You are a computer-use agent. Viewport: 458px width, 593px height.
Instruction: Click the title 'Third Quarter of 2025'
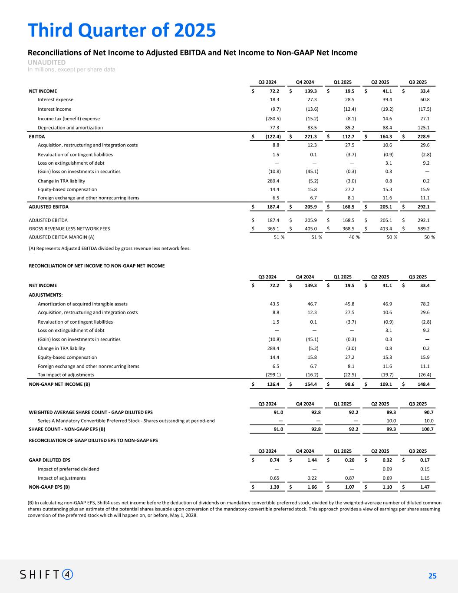point(122,30)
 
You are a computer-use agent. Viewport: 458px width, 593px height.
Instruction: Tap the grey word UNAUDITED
point(46,63)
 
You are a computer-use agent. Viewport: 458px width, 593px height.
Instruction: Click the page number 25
point(432,576)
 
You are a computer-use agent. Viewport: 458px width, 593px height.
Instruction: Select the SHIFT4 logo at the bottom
point(46,574)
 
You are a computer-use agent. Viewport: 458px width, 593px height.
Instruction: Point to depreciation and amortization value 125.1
point(423,128)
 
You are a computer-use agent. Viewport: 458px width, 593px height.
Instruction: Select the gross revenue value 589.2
point(423,229)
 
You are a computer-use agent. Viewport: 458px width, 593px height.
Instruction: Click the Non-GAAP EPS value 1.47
point(425,487)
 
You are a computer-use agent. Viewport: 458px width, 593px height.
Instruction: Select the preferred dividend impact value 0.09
point(387,469)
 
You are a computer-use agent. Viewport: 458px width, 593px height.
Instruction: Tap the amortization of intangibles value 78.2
point(424,304)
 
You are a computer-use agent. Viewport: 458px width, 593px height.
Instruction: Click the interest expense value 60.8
point(424,99)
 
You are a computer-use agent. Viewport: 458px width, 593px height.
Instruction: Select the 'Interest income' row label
point(55,109)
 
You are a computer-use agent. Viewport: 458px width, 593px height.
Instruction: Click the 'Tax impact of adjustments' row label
point(66,374)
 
